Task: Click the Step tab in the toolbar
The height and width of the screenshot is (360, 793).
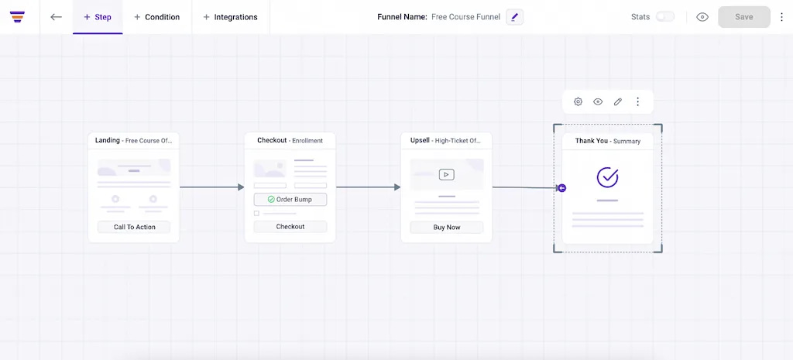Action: (x=98, y=17)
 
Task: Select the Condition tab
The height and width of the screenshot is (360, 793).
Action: (x=156, y=17)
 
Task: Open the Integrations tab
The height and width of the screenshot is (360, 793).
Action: (x=231, y=17)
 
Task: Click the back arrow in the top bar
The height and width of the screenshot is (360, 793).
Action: (x=56, y=17)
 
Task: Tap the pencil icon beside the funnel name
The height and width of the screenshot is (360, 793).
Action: (x=515, y=17)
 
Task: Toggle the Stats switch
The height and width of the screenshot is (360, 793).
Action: (x=665, y=17)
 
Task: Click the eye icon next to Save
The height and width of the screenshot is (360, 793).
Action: (x=702, y=17)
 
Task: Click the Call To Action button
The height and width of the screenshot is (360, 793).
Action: (x=134, y=227)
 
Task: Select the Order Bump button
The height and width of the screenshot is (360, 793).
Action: (x=290, y=199)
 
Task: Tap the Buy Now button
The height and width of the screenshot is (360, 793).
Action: (x=447, y=228)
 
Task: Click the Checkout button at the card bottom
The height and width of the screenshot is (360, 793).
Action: (x=290, y=227)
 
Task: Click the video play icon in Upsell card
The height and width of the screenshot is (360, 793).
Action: (x=447, y=174)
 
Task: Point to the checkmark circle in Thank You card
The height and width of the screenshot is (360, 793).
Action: (x=607, y=177)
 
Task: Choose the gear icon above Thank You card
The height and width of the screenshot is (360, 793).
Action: (x=578, y=101)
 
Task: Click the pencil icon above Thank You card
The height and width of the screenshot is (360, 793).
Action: (x=617, y=101)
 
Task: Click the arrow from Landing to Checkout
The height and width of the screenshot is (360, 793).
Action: (x=212, y=187)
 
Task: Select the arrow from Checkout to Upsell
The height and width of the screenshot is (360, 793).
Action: (x=368, y=187)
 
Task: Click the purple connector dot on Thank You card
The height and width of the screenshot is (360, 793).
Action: (x=562, y=188)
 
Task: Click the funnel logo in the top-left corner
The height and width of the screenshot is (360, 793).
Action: (x=17, y=17)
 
